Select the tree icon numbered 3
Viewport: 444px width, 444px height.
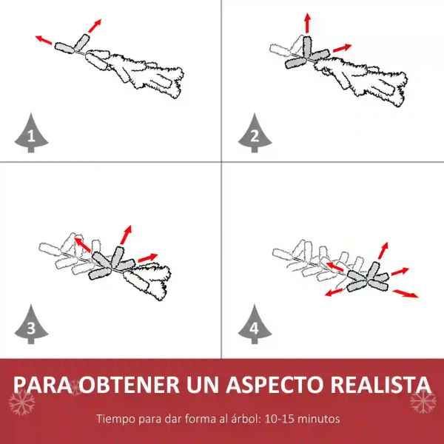pyautogui.click(x=31, y=325)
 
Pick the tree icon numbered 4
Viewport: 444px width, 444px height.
pyautogui.click(x=255, y=325)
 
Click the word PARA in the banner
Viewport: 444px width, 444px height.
pyautogui.click(x=42, y=385)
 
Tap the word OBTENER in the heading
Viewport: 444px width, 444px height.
pyautogui.click(x=129, y=385)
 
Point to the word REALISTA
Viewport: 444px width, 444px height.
pyautogui.click(x=381, y=385)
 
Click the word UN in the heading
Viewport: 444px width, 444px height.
pyautogui.click(x=203, y=385)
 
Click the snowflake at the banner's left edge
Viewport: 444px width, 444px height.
pyautogui.click(x=21, y=403)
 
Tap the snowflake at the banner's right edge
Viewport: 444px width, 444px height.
pyautogui.click(x=423, y=401)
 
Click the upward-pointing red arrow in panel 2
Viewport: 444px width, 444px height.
pyautogui.click(x=308, y=23)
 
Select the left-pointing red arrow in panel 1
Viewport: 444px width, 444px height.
pyautogui.click(x=44, y=40)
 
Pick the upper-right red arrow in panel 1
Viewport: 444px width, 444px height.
pyautogui.click(x=95, y=26)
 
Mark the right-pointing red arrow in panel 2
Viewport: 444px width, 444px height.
pyautogui.click(x=342, y=48)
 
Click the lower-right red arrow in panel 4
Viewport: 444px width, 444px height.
pyautogui.click(x=406, y=294)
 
